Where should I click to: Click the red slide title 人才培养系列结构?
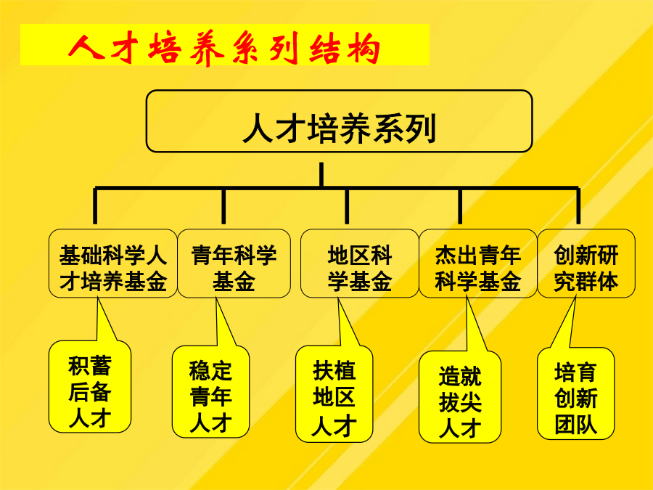[224, 48]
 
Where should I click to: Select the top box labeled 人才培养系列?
[339, 121]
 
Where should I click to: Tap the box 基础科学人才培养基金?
[113, 264]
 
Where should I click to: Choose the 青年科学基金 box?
[234, 264]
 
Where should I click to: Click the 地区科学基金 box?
[359, 264]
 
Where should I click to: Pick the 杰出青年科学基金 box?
[477, 264]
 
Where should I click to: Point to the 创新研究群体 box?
[586, 264]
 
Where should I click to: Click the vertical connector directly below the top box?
[321, 175]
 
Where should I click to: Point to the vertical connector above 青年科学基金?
[223, 206]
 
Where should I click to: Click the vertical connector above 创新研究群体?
[578, 206]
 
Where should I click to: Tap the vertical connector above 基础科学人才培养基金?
[95, 206]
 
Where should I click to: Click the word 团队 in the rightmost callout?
[575, 424]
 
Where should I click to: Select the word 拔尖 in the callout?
[460, 402]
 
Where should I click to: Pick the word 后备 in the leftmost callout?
[90, 392]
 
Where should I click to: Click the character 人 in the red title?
[86, 47]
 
